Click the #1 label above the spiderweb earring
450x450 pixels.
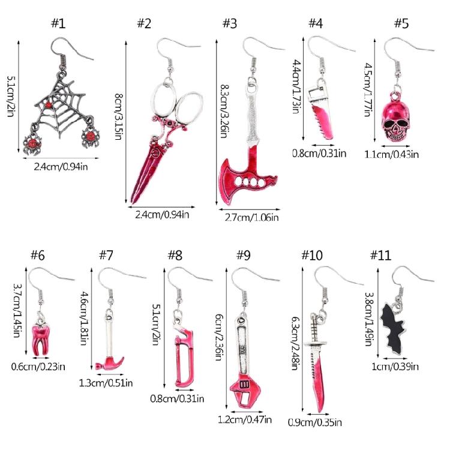click(x=58, y=23)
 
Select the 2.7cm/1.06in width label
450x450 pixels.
click(x=251, y=218)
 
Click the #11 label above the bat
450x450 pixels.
click(x=380, y=255)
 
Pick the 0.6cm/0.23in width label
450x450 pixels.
click(x=38, y=367)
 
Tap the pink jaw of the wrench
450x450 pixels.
click(x=245, y=392)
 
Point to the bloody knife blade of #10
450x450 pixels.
click(x=319, y=379)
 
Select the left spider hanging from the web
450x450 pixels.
click(x=32, y=143)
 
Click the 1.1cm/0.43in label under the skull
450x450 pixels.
click(x=391, y=155)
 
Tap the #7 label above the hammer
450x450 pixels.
click(x=106, y=255)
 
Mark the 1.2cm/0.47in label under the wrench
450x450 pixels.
click(x=245, y=420)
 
